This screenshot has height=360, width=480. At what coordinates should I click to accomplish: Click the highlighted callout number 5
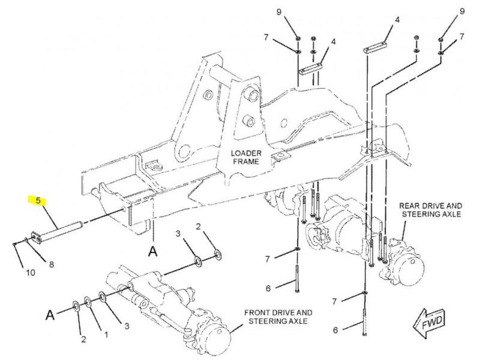(38, 201)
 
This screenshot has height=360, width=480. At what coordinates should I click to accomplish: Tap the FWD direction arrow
(429, 323)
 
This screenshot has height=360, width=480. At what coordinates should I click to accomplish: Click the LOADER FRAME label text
(246, 157)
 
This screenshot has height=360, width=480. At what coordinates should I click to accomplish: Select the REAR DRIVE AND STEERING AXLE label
(431, 209)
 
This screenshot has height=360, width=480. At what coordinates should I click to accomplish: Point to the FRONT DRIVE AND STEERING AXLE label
(278, 317)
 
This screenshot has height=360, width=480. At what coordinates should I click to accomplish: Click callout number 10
(31, 272)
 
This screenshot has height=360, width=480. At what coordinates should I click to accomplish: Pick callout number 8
(52, 264)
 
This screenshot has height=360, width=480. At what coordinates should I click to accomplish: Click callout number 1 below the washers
(106, 335)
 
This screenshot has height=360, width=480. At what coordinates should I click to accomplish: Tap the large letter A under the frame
(153, 251)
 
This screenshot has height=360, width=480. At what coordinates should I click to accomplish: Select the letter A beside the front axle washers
(50, 314)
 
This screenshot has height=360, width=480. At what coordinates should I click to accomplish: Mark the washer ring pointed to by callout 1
(88, 302)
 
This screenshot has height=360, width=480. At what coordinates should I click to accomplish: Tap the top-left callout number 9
(279, 12)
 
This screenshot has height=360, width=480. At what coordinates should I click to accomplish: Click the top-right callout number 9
(462, 11)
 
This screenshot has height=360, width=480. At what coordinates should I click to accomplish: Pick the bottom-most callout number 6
(335, 330)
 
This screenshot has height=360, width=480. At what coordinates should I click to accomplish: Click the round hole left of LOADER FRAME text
(185, 152)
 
